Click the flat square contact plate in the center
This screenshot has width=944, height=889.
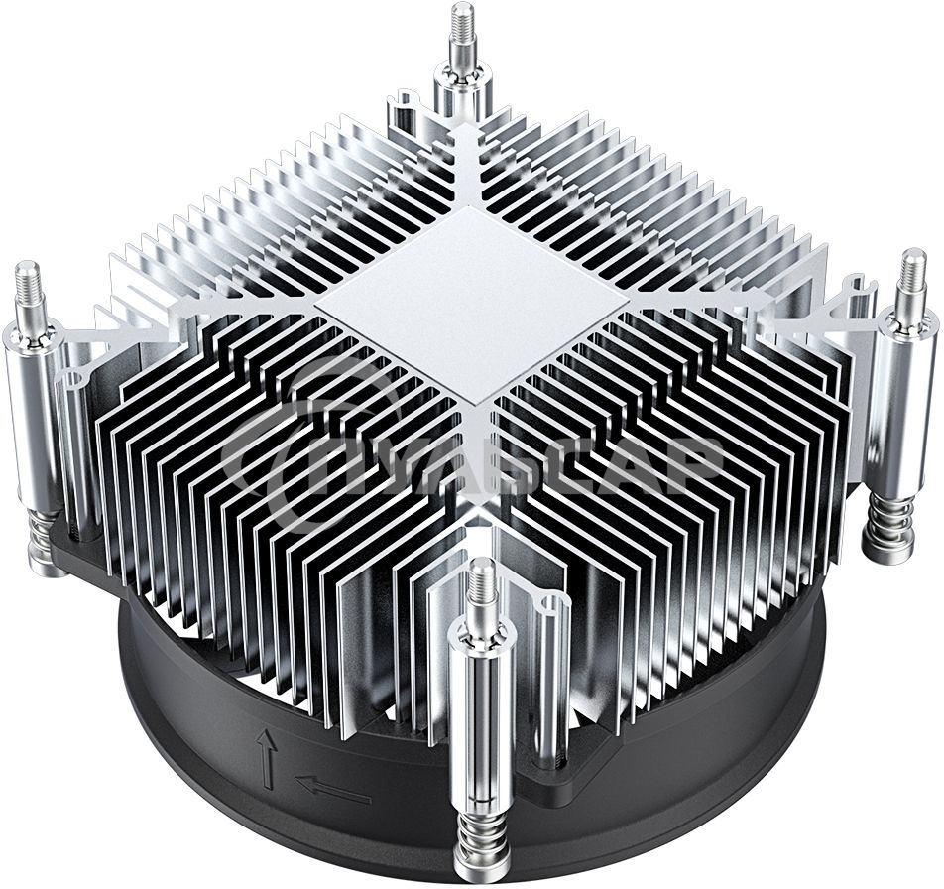[x=472, y=303]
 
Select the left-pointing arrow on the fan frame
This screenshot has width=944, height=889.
[x=332, y=790]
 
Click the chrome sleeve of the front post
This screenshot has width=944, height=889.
[x=482, y=724]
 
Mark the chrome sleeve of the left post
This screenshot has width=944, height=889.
[x=36, y=417]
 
